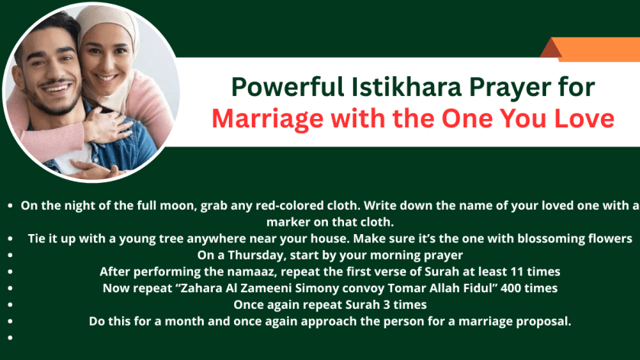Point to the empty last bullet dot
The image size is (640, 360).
[10, 337]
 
